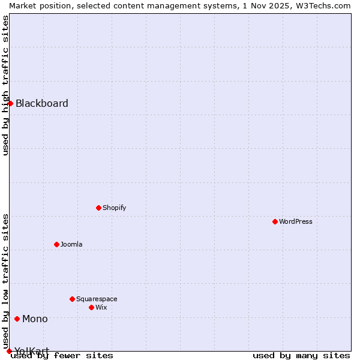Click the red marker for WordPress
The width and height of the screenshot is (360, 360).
click(x=275, y=221)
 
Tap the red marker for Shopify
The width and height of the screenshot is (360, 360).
click(x=98, y=208)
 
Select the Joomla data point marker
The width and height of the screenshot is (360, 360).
click(x=56, y=244)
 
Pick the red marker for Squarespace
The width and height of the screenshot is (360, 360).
click(x=72, y=299)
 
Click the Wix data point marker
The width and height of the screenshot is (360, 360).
click(x=91, y=307)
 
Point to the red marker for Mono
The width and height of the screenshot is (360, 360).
click(x=17, y=319)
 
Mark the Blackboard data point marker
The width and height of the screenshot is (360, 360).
click(x=10, y=103)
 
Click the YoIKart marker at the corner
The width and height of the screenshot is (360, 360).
click(x=9, y=351)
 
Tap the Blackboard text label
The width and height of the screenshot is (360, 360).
click(x=42, y=103)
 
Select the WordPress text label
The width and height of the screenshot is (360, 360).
click(x=296, y=221)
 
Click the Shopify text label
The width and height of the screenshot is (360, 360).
click(x=115, y=208)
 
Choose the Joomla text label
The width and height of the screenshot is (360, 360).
click(x=71, y=244)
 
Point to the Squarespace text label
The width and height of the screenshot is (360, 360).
click(x=97, y=299)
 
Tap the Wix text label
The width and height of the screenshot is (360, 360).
click(x=101, y=307)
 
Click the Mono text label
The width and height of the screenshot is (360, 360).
click(x=35, y=319)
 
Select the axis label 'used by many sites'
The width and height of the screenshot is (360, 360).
click(x=301, y=356)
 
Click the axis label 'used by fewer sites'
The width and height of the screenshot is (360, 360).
click(x=62, y=356)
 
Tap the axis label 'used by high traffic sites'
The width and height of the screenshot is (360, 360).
click(x=5, y=85)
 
